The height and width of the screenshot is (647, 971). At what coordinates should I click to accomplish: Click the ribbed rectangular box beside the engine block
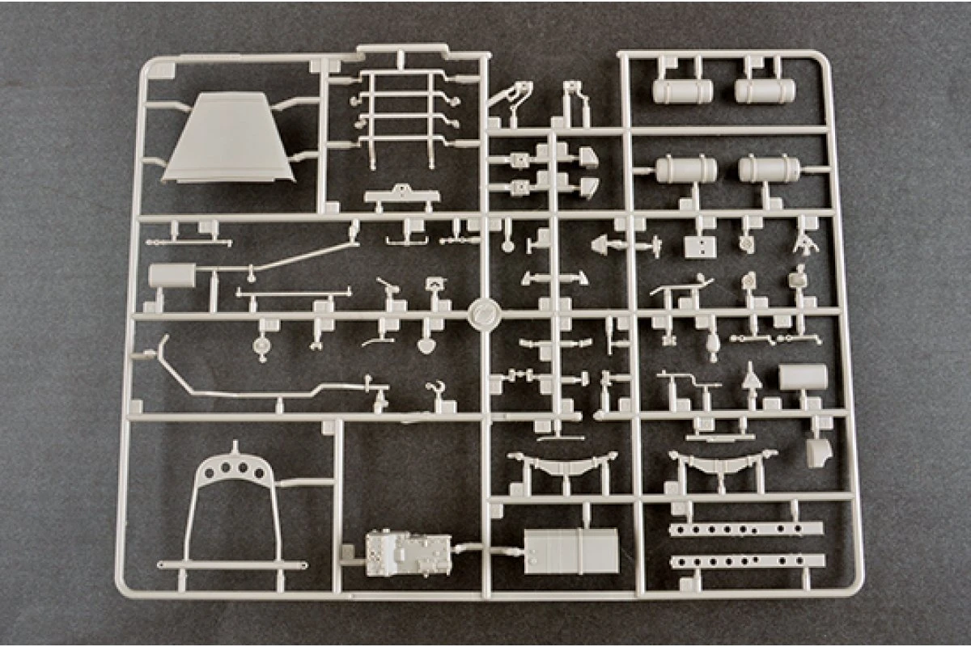[x=570, y=552]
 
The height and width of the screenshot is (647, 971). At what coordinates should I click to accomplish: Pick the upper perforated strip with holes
[x=746, y=528]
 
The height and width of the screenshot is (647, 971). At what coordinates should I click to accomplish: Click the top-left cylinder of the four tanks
[x=682, y=91]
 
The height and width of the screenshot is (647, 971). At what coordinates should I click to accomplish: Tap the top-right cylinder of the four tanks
[x=765, y=91]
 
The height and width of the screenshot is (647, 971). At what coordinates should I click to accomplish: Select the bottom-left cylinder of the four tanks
[x=686, y=170]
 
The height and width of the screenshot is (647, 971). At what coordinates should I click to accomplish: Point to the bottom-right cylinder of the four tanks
[x=770, y=170]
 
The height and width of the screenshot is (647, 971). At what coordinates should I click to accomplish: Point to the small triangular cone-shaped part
[x=752, y=374]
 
